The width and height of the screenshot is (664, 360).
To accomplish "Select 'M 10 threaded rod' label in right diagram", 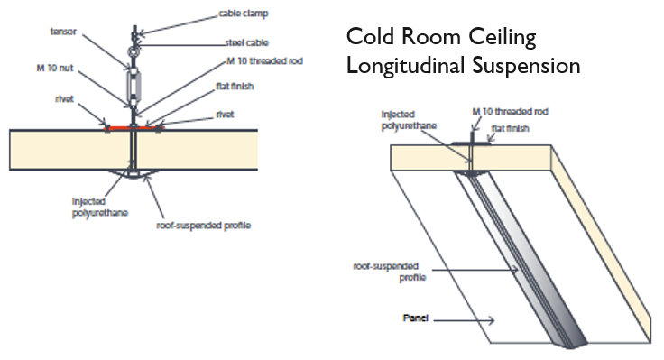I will (x=511, y=112).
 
